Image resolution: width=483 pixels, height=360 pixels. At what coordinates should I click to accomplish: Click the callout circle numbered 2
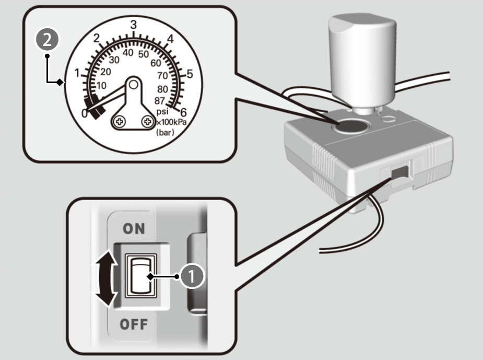(48, 41)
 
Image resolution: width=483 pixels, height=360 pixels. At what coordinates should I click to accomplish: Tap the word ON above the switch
(134, 228)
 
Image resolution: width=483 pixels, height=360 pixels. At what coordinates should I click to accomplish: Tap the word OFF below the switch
(134, 324)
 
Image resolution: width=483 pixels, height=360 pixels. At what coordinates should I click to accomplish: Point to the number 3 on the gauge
(134, 24)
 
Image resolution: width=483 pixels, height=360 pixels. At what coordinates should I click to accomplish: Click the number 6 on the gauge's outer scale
(183, 111)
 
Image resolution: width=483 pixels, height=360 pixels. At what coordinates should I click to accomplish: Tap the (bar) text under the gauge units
(165, 133)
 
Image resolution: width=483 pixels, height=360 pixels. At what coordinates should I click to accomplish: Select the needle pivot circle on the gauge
(134, 84)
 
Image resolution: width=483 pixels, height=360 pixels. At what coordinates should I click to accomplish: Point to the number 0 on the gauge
(85, 113)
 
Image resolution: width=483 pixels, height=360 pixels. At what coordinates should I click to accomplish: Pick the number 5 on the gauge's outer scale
(190, 74)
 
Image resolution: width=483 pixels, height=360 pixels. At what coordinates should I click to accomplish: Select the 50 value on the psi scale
(143, 54)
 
